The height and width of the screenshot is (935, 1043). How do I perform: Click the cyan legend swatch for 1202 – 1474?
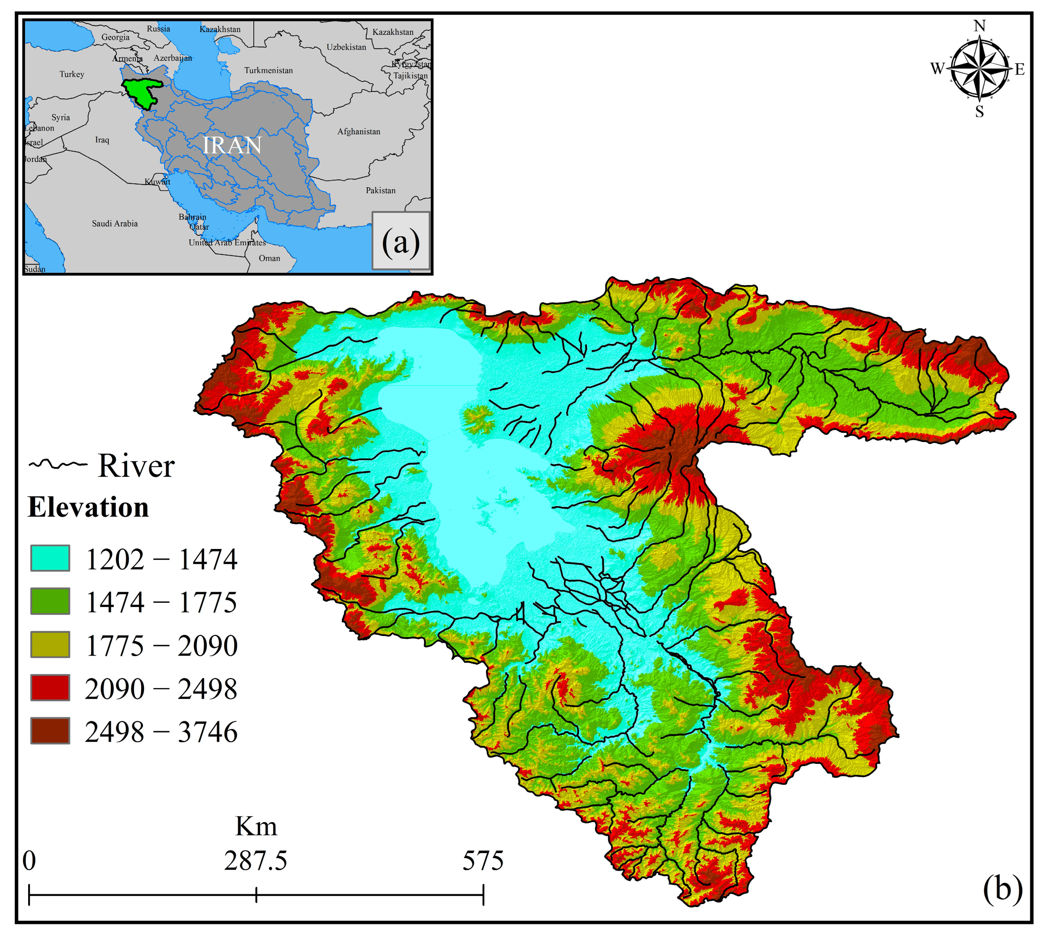pyautogui.click(x=50, y=558)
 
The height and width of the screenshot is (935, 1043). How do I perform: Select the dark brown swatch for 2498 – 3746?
pyautogui.click(x=50, y=731)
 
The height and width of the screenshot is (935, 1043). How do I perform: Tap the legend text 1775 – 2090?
pyautogui.click(x=161, y=645)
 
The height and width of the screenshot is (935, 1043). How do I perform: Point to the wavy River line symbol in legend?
pyautogui.click(x=57, y=465)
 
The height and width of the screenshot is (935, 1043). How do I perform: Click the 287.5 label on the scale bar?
pyautogui.click(x=255, y=861)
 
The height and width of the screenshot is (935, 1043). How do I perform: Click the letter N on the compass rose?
pyautogui.click(x=979, y=26)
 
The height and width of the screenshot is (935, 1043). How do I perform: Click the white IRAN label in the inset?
pyautogui.click(x=232, y=145)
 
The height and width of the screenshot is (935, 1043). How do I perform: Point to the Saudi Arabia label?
pyautogui.click(x=115, y=224)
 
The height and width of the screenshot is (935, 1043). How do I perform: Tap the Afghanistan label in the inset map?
pyautogui.click(x=359, y=131)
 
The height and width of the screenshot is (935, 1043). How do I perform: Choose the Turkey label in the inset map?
pyautogui.click(x=72, y=74)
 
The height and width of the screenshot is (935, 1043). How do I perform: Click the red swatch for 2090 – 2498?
pyautogui.click(x=50, y=687)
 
